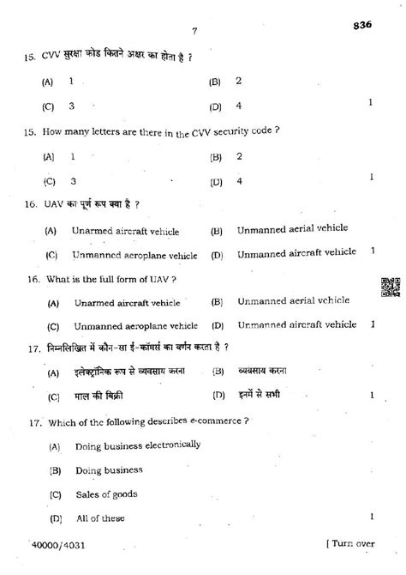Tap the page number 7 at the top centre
[195, 32]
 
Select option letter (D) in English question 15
[215, 181]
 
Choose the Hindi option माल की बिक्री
[99, 396]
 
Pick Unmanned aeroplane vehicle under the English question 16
[134, 326]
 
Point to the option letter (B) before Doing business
[56, 470]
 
